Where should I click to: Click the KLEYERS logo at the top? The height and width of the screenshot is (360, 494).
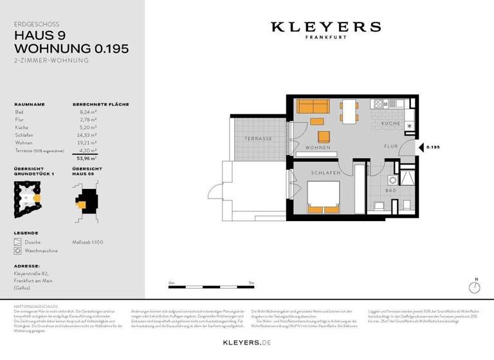click(x=325, y=27)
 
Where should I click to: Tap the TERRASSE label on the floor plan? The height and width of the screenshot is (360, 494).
click(x=259, y=139)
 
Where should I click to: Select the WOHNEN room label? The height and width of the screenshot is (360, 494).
click(x=318, y=148)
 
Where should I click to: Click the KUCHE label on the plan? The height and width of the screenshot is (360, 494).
click(x=390, y=123)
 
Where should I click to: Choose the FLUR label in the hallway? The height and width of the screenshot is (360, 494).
click(x=391, y=147)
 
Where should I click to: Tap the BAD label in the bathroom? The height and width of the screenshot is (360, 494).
click(x=390, y=191)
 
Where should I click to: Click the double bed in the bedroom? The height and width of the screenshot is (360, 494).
click(x=323, y=196)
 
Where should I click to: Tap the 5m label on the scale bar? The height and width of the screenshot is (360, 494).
click(x=252, y=283)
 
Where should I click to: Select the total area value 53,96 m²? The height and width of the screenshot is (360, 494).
click(x=87, y=157)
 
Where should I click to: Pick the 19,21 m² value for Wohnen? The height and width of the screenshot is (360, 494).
click(x=87, y=143)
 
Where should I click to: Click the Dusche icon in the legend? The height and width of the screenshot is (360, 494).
click(x=17, y=242)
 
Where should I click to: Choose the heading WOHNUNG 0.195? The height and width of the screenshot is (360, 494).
click(x=71, y=48)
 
